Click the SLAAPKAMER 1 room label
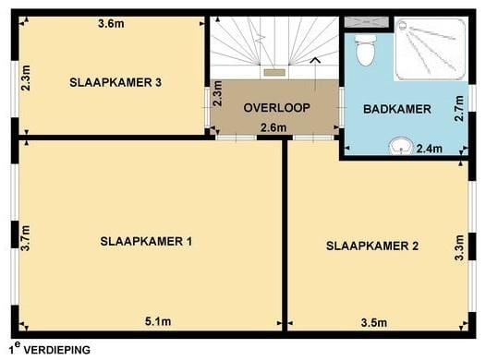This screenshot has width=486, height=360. [x=146, y=242]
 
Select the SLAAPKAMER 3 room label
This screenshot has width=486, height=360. [x=115, y=82]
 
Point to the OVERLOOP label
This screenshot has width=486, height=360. [x=275, y=108]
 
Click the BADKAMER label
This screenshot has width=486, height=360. [x=397, y=109]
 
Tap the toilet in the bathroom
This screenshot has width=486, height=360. [x=365, y=50]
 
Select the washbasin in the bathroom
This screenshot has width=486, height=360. [x=400, y=145]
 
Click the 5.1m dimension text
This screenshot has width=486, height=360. [x=158, y=322]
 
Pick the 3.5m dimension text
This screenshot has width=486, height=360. [x=372, y=322]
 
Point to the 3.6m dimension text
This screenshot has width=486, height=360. [x=111, y=24]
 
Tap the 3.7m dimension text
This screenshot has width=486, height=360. [x=27, y=238]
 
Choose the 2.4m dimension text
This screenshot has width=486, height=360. [x=430, y=148]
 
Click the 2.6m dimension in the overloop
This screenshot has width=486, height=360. [x=273, y=127]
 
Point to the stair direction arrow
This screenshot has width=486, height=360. [x=317, y=61]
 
